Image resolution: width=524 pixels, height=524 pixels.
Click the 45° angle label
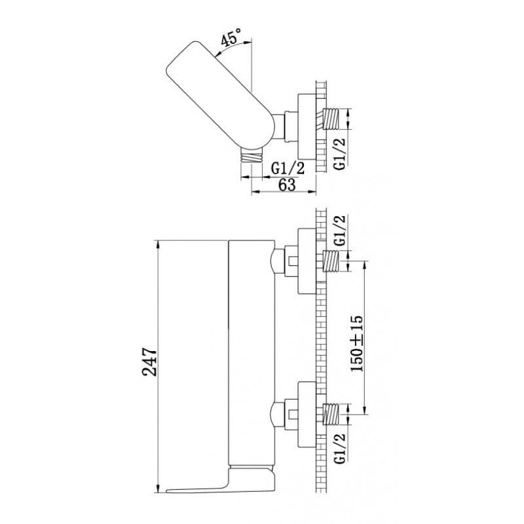(231, 37)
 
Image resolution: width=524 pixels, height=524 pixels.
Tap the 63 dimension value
(287, 185)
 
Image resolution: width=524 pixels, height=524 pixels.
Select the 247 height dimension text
(150, 362)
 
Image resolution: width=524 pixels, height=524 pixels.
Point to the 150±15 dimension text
(356, 343)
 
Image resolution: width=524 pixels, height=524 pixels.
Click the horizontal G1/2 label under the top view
(288, 168)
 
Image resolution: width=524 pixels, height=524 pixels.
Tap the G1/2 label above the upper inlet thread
(339, 231)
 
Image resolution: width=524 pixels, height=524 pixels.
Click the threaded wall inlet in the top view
(330, 119)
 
